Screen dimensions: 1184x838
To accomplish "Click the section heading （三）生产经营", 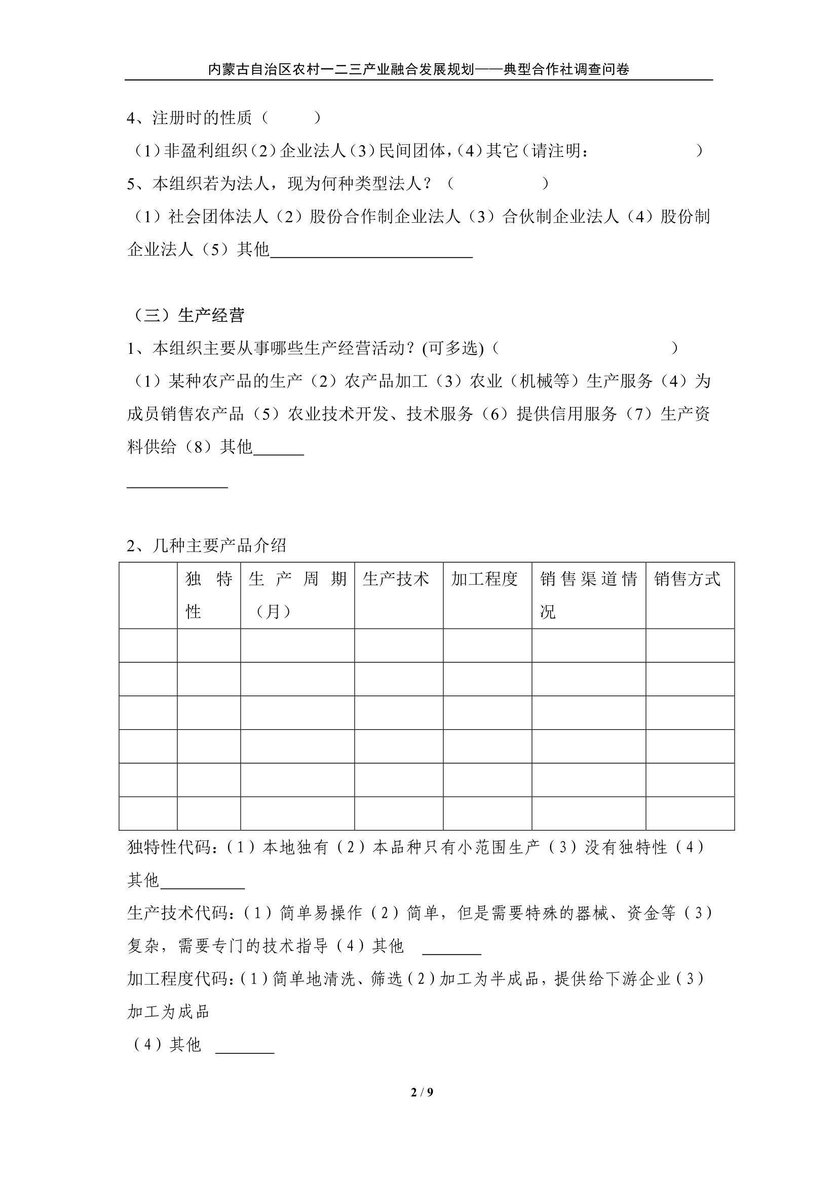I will coord(189,315).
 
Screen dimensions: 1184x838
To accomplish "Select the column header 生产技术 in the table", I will coord(396,579).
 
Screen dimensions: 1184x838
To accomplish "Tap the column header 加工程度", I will coord(484,579).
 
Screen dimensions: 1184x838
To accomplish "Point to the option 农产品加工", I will coord(386,381).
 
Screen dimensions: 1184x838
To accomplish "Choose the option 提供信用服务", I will coord(566,414).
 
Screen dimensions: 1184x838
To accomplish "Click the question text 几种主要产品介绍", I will coord(219,546).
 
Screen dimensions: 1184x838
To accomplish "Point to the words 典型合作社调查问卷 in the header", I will coord(566,69).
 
